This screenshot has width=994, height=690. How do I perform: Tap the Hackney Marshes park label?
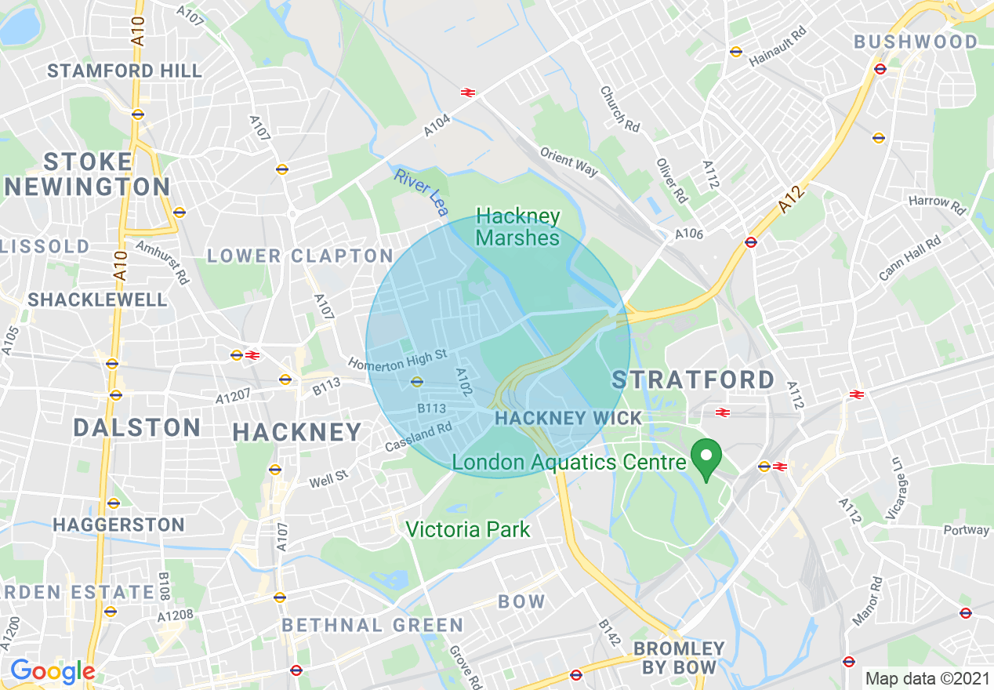click(518, 227)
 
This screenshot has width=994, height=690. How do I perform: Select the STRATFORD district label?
click(693, 380)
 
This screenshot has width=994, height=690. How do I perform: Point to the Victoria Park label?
click(467, 529)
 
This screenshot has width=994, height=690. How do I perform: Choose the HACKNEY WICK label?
click(568, 419)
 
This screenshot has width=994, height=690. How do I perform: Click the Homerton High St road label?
click(397, 360)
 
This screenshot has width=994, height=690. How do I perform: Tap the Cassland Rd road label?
click(419, 438)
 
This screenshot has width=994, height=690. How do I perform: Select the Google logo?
click(52, 671)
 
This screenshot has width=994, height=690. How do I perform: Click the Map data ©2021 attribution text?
click(927, 677)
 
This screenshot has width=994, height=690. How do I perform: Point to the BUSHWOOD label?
click(916, 42)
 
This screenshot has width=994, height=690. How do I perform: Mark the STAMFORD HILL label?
click(125, 71)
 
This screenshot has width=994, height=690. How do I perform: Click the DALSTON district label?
click(137, 427)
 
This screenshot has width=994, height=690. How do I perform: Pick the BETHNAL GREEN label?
click(372, 625)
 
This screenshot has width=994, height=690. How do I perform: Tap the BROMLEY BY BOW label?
click(679, 658)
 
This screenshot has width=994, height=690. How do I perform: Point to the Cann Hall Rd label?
click(909, 259)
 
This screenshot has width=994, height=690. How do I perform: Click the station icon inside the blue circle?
click(416, 382)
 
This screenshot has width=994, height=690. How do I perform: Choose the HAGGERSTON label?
click(119, 525)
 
